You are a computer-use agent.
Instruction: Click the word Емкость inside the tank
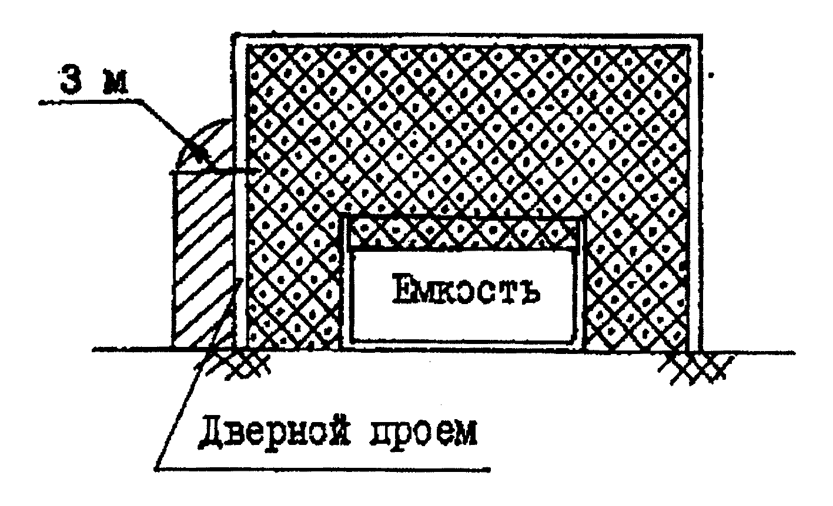464,292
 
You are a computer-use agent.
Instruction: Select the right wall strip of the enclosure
696,194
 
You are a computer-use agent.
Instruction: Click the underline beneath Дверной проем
323,468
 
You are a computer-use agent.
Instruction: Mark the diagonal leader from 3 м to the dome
170,129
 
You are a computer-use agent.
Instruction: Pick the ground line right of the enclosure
758,352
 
